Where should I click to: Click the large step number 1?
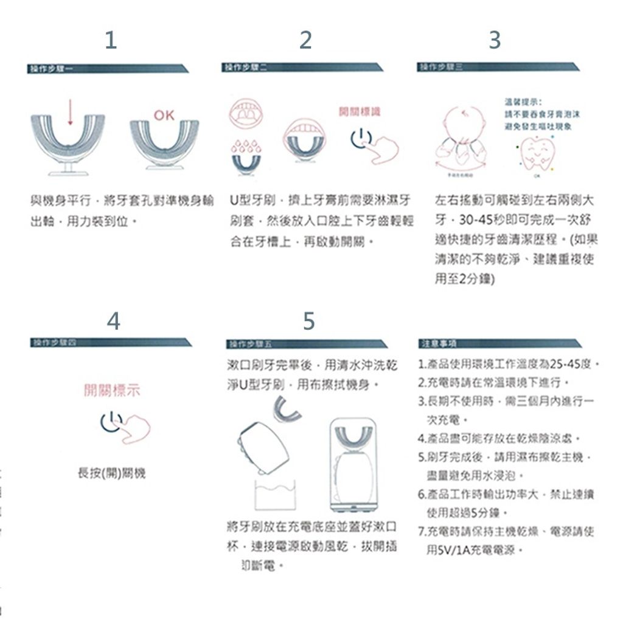110,40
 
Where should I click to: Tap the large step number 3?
495,40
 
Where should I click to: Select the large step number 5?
308,321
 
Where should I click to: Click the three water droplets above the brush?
247,148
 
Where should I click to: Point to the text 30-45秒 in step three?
480,217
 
